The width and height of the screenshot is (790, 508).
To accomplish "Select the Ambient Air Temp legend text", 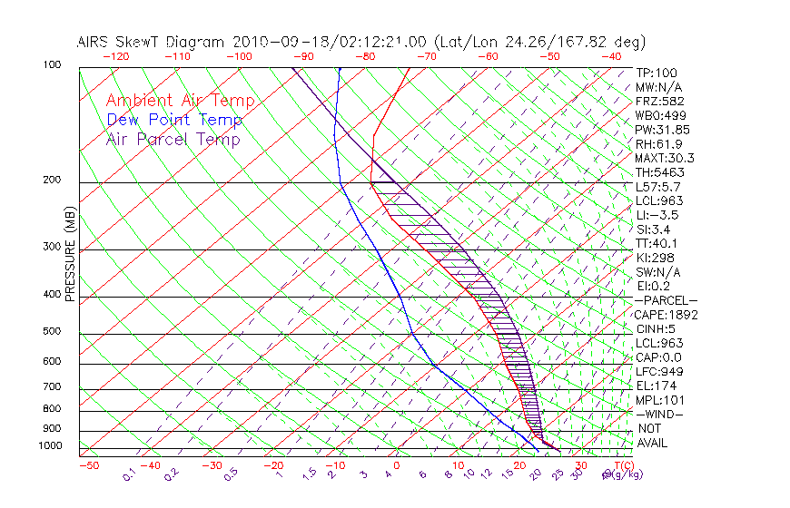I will [x=180, y=101].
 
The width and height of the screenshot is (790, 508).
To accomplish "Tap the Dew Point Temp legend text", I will [x=174, y=120].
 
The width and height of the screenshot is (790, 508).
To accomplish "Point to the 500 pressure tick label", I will [x=52, y=332].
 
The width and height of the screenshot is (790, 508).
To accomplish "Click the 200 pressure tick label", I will [x=52, y=181].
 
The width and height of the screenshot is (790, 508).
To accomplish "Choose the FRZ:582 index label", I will [x=660, y=101].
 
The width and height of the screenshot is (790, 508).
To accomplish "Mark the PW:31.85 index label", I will [x=663, y=129].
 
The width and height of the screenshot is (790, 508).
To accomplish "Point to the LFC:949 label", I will [x=660, y=372].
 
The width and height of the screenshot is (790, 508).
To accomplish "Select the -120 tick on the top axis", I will [x=115, y=56].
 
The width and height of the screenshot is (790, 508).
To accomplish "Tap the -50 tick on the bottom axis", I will [x=88, y=465].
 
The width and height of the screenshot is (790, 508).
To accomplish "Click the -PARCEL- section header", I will [x=667, y=300].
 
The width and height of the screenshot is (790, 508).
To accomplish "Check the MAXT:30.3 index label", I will [x=667, y=158].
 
